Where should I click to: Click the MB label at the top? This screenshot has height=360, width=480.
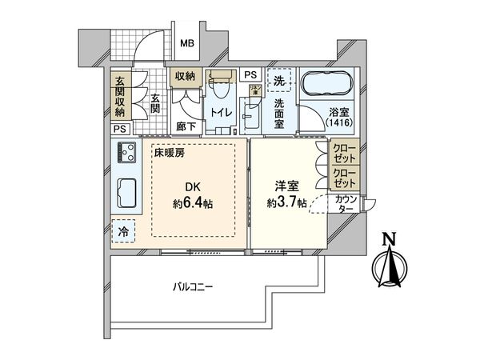click(x=186, y=44)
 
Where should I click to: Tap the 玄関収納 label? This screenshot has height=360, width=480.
click(x=119, y=94)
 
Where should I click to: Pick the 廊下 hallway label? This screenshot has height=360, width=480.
click(x=185, y=126)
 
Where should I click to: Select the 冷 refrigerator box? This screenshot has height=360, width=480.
click(x=124, y=230)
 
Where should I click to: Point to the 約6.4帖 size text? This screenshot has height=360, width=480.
click(x=193, y=203)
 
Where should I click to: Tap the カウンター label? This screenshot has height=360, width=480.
click(x=346, y=203)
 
